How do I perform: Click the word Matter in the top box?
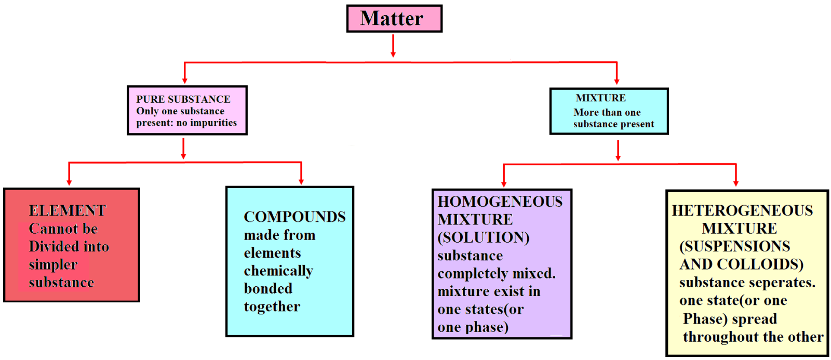pyautogui.click(x=392, y=19)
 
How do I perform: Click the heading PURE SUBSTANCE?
pyautogui.click(x=183, y=99)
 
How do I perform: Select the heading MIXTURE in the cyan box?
pyautogui.click(x=600, y=98)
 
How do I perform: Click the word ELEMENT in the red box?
pyautogui.click(x=67, y=211)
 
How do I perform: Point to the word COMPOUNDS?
pyautogui.click(x=294, y=217)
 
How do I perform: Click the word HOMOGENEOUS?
pyautogui.click(x=500, y=202)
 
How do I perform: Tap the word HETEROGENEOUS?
pyautogui.click(x=742, y=210)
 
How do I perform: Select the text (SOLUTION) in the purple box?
pyautogui.click(x=484, y=237)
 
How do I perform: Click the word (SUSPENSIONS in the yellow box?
pyautogui.click(x=735, y=246)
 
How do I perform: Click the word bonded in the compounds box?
pyautogui.click(x=268, y=289)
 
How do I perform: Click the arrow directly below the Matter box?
pyautogui.click(x=393, y=46)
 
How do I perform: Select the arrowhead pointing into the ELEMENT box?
pyautogui.click(x=69, y=182)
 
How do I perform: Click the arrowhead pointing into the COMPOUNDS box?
pyautogui.click(x=301, y=181)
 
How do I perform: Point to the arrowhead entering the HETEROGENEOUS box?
pyautogui.click(x=735, y=183)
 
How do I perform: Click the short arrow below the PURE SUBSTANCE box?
pyautogui.click(x=183, y=149)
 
